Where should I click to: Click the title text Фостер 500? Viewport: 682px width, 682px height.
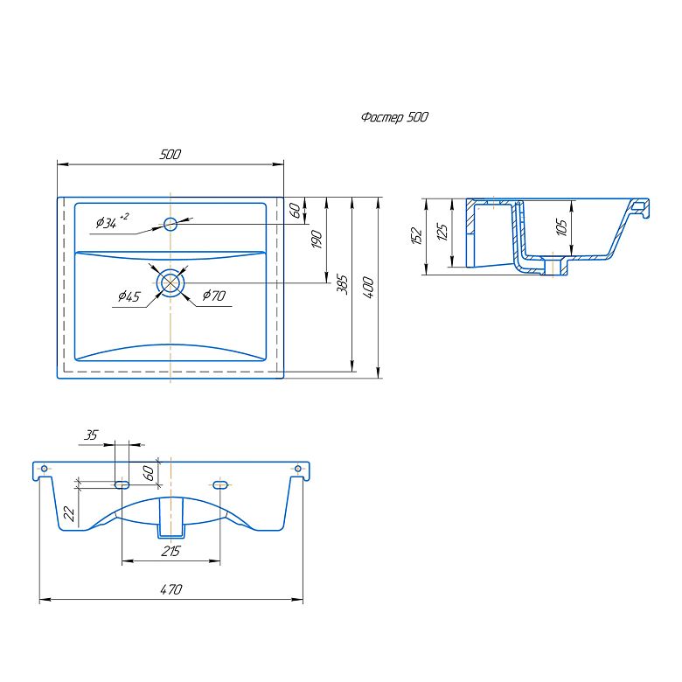pyautogui.click(x=394, y=117)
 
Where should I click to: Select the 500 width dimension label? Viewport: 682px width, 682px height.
pyautogui.click(x=170, y=155)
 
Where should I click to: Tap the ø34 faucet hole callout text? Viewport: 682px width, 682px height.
pyautogui.click(x=112, y=221)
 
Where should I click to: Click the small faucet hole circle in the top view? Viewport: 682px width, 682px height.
pyautogui.click(x=170, y=224)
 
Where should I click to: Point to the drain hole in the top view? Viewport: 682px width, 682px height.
pyautogui.click(x=170, y=282)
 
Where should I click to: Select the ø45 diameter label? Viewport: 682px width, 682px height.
pyautogui.click(x=129, y=296)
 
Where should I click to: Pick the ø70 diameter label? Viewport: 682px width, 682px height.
pyautogui.click(x=214, y=296)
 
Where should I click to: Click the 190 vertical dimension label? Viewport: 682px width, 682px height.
pyautogui.click(x=317, y=240)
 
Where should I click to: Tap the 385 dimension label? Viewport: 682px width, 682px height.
pyautogui.click(x=342, y=284)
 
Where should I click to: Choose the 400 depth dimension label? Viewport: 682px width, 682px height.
pyautogui.click(x=368, y=288)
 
